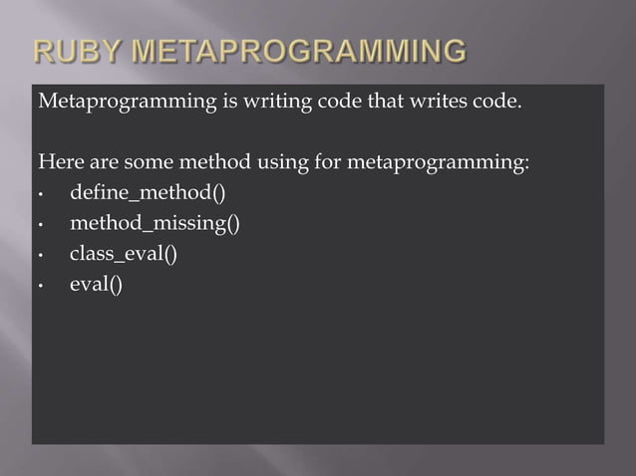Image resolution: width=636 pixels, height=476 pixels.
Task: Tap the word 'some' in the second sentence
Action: [148, 161]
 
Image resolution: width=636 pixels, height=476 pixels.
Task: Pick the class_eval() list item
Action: [123, 254]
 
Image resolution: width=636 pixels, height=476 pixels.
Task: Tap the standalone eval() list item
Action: [96, 285]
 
